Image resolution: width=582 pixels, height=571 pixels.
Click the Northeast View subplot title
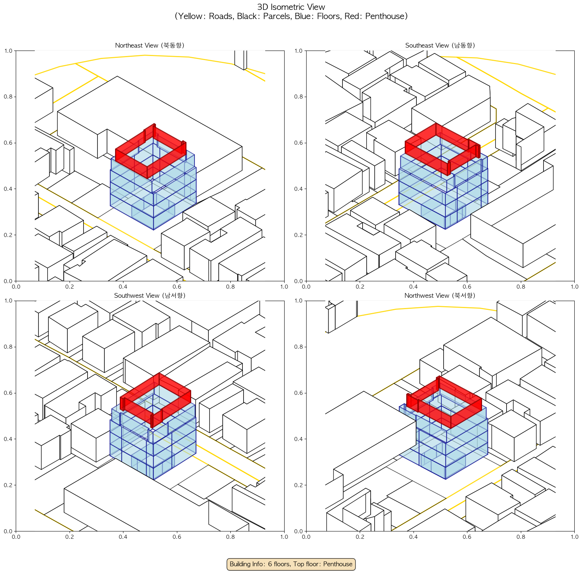[149, 45]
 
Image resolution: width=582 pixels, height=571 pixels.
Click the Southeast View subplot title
[440, 45]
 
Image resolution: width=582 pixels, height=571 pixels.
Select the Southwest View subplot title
[149, 296]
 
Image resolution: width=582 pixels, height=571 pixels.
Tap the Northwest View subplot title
[440, 296]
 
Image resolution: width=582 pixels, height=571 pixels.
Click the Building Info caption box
[291, 564]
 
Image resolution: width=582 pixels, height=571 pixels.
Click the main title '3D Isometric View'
[291, 7]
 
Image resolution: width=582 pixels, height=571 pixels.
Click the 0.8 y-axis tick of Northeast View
[8, 97]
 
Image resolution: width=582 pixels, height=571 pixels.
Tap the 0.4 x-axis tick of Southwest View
[123, 537]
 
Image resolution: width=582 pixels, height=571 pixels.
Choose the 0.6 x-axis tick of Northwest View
[467, 537]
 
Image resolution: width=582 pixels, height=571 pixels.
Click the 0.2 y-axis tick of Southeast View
[299, 235]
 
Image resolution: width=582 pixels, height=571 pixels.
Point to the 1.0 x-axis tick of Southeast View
[574, 287]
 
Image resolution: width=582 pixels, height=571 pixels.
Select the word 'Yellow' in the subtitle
[191, 16]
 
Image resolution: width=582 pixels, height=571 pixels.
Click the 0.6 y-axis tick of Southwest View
[8, 393]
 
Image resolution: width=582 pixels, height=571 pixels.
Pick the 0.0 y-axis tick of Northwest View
[299, 531]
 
